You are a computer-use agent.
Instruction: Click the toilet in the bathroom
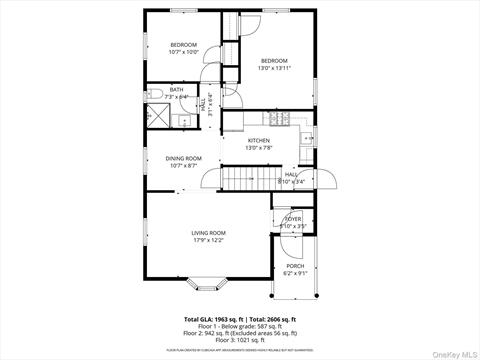pos(158,96)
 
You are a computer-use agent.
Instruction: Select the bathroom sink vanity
pos(184,119)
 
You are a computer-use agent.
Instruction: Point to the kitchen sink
pos(308,137)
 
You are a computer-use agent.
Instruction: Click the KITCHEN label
pos(259,140)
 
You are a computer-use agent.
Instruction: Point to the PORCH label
pos(294,266)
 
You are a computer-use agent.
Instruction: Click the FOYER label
pos(294,219)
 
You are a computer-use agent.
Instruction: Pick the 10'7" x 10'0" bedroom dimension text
pos(182,53)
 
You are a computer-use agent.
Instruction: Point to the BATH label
pos(176,89)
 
